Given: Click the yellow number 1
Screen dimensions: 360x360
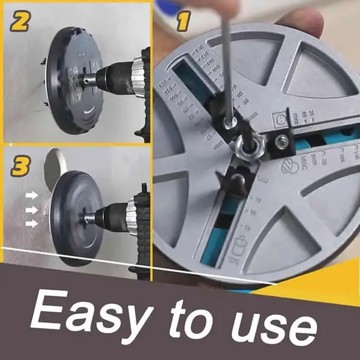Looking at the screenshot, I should [x=181, y=25].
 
